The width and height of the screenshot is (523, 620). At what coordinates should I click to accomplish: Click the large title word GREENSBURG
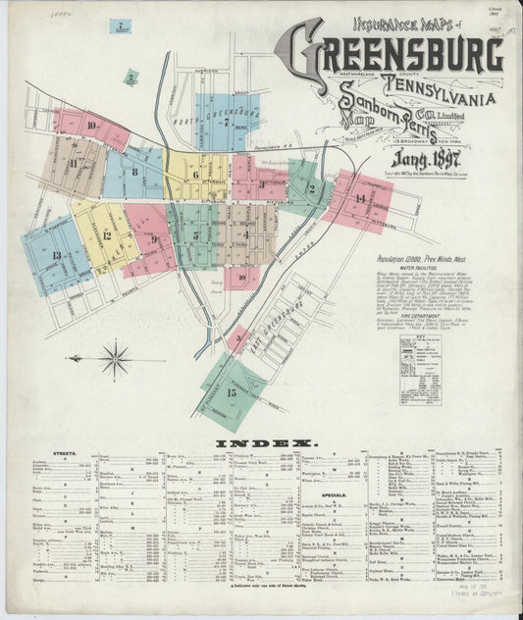[398, 49]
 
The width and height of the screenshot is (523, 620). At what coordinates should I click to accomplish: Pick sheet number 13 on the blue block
[56, 255]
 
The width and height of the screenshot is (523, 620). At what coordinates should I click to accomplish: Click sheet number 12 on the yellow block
[105, 234]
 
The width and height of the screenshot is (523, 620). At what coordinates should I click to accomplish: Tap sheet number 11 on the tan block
[74, 162]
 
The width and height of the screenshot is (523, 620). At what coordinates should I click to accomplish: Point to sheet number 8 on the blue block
[134, 170]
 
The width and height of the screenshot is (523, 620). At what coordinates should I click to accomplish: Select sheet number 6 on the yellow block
[195, 175]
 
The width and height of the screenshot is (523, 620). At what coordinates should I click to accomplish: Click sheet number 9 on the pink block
[154, 239]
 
